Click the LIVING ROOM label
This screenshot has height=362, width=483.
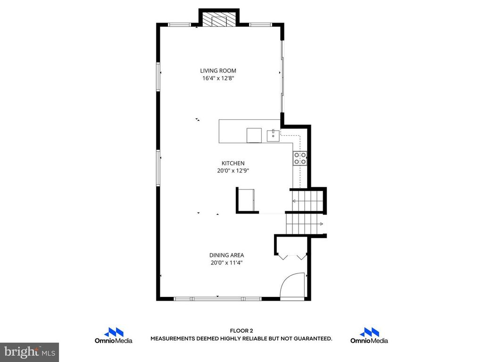click(218, 71)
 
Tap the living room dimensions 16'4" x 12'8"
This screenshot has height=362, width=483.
click(218, 79)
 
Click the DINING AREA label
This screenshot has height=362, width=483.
click(227, 255)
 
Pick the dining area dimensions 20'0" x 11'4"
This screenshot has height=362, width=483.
click(227, 263)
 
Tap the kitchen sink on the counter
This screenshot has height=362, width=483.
click(272, 136)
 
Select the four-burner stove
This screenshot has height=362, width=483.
click(300, 158)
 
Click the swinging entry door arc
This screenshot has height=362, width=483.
click(292, 285)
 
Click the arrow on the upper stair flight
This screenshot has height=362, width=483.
click(295, 201)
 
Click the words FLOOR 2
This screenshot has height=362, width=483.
click(241, 331)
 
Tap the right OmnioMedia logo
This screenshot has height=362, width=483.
click(369, 335)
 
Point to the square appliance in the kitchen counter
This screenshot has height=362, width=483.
click(254, 135)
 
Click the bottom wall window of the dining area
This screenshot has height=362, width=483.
click(217, 298)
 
